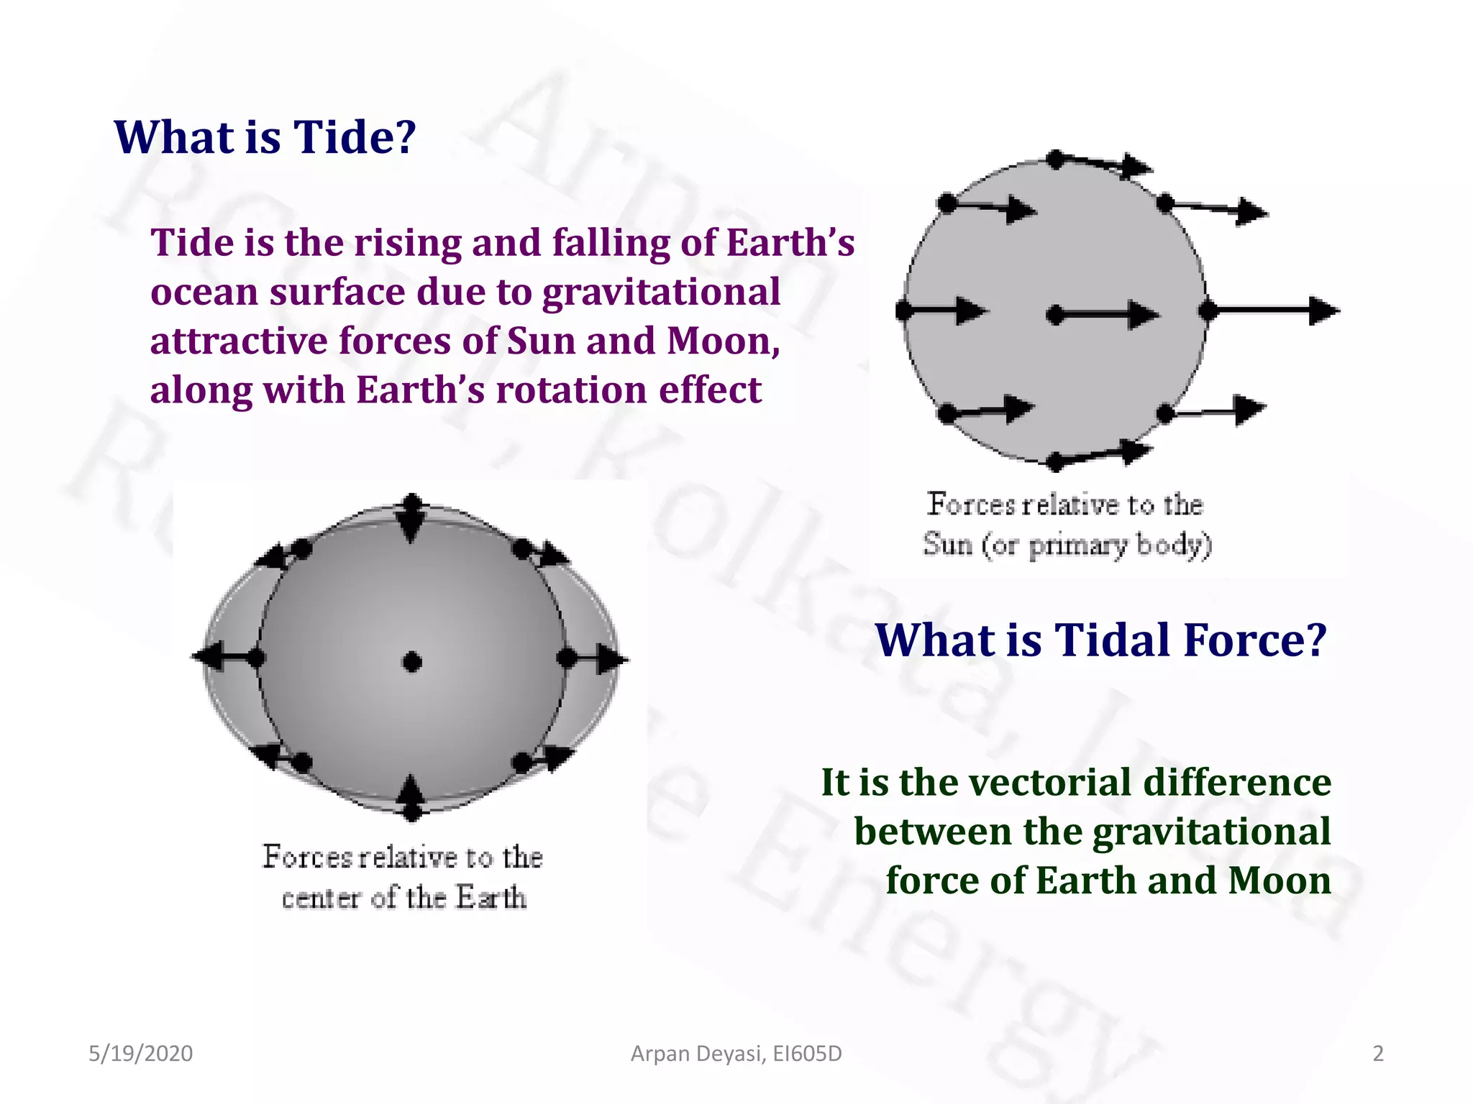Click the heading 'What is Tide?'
click(265, 137)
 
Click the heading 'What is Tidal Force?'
click(1100, 640)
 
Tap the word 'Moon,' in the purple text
click(723, 341)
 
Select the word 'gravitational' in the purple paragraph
click(660, 292)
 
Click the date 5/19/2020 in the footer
click(140, 1053)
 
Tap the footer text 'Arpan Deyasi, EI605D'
click(736, 1053)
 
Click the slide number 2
click(1377, 1053)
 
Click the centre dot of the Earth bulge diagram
click(412, 662)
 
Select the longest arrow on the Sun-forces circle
click(1273, 310)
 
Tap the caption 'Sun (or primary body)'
click(1067, 544)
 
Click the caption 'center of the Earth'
click(403, 897)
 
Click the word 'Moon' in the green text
click(1280, 880)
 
